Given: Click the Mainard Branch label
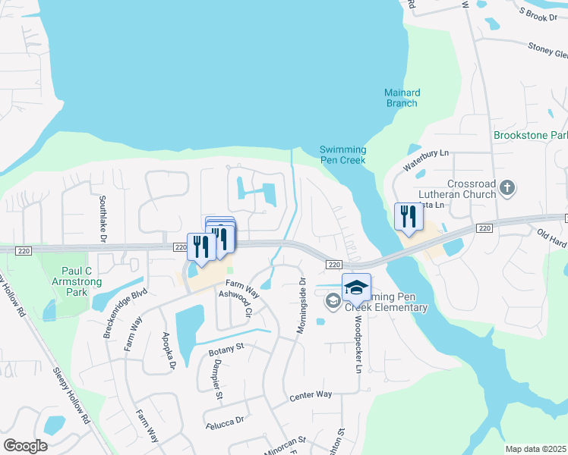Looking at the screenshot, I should click(402, 98).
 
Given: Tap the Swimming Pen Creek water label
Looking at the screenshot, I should click(342, 155).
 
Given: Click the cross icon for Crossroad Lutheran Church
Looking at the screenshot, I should click(509, 187).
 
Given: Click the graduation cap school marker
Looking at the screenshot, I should click(356, 287).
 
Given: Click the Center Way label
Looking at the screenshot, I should click(311, 395).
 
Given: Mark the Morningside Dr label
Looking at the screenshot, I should click(301, 306).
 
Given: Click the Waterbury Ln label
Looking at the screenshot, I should click(426, 152).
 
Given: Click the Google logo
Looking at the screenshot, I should click(25, 445).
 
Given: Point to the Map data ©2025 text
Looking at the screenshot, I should click(535, 449).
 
